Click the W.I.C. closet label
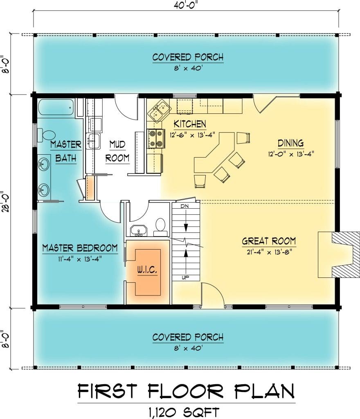coord(147,270)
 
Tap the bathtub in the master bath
coord(56,107)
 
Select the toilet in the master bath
coord(46,135)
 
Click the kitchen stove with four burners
coord(156,138)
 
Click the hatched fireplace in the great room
coord(339,255)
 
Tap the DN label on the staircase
coord(184,206)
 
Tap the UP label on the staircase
coord(185,278)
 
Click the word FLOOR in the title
coord(185,391)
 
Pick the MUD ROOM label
coord(117,151)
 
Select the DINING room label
coord(290,143)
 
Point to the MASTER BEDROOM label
coord(80,248)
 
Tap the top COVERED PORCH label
coord(188,57)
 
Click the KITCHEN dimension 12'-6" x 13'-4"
coord(192,135)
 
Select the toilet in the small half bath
coord(160,227)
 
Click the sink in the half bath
coord(138,231)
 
